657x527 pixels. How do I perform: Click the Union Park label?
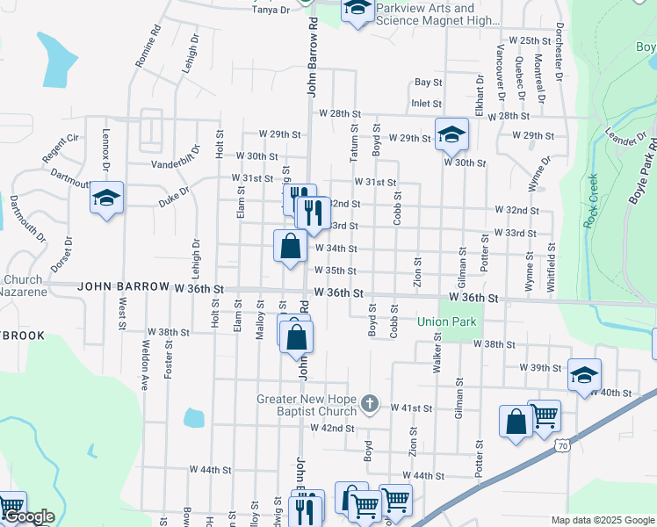(446, 322)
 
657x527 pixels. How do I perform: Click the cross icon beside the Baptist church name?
(370, 404)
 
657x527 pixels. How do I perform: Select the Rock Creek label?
(593, 201)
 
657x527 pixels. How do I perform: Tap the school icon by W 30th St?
(451, 134)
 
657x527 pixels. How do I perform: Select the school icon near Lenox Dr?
(106, 199)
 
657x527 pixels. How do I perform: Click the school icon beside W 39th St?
(584, 375)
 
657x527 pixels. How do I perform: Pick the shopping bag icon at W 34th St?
(290, 247)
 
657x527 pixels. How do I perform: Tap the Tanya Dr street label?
(271, 10)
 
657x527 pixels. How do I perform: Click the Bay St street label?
(428, 83)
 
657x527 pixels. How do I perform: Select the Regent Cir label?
(61, 148)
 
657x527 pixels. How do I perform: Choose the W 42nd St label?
(331, 429)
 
